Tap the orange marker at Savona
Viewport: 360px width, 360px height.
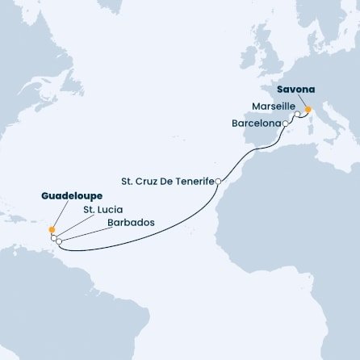pyautogui.click(x=308, y=110)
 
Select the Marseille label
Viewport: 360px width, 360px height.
pyautogui.click(x=273, y=106)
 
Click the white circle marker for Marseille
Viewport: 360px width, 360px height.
pyautogui.click(x=298, y=115)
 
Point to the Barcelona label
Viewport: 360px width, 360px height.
pyautogui.click(x=257, y=123)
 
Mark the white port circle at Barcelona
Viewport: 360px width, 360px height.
pyautogui.click(x=286, y=123)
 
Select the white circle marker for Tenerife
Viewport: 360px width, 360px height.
pyautogui.click(x=218, y=182)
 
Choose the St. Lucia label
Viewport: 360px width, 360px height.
pyautogui.click(x=97, y=210)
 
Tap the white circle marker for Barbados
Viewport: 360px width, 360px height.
pyautogui.click(x=60, y=241)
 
